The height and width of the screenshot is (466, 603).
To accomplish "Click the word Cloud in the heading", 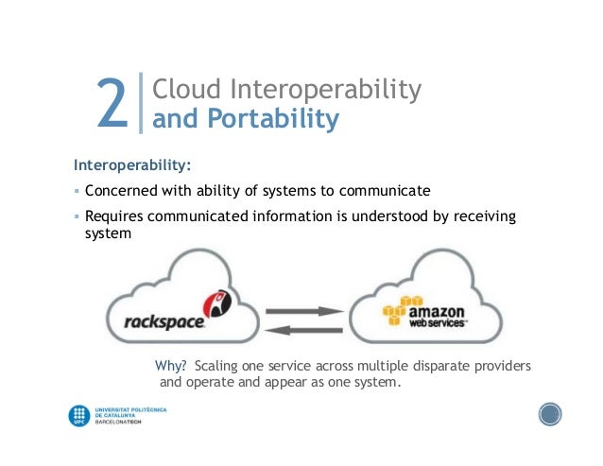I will (186, 90).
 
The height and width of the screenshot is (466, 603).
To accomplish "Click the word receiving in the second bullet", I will (481, 216).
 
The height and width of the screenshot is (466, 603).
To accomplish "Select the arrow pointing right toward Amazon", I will (302, 310).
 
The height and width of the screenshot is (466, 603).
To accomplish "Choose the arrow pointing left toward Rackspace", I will (302, 328).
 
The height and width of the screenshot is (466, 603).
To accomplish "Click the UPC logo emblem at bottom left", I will (79, 415).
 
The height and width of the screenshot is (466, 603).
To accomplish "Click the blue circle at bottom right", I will (549, 413).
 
